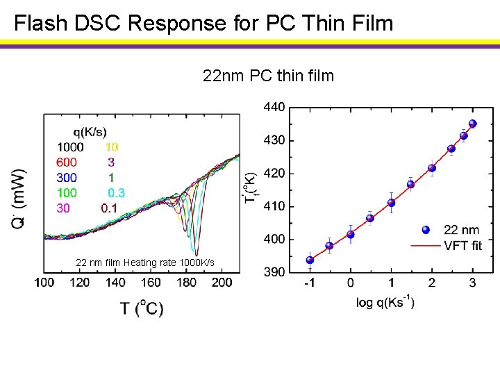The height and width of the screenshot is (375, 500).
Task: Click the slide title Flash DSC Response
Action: pyautogui.click(x=203, y=24)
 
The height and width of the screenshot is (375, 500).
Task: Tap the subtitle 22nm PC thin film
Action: pyautogui.click(x=268, y=75)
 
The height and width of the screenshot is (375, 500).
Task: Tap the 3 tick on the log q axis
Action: pyautogui.click(x=472, y=283)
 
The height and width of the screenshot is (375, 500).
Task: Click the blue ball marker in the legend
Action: pyautogui.click(x=427, y=230)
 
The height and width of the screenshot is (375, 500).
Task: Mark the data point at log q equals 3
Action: pyautogui.click(x=473, y=124)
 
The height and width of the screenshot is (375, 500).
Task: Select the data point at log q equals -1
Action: pyautogui.click(x=310, y=260)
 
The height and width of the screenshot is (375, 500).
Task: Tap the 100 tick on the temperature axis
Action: pyautogui.click(x=44, y=283)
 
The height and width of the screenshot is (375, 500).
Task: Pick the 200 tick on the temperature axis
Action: pyautogui.click(x=222, y=283)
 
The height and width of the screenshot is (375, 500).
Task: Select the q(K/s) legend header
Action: pyautogui.click(x=90, y=132)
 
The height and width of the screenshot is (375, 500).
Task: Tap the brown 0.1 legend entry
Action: pyautogui.click(x=109, y=207)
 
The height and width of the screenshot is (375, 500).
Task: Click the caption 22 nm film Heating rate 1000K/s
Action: pyautogui.click(x=144, y=262)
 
